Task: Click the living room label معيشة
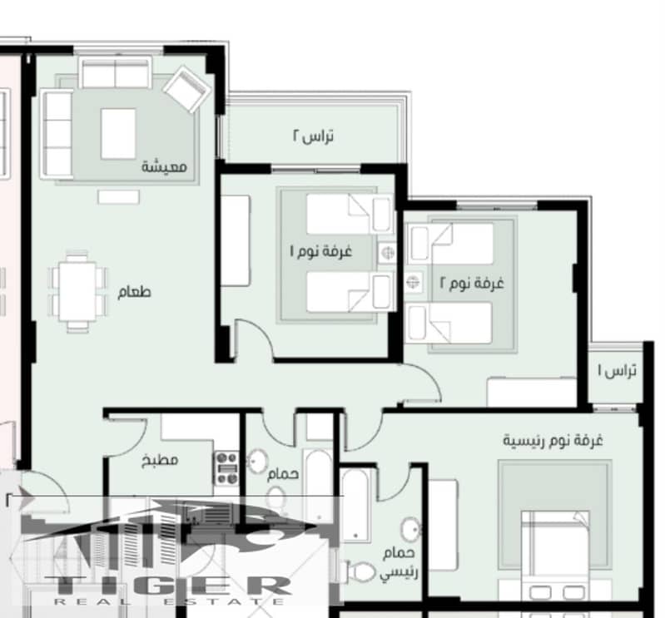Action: coord(164,166)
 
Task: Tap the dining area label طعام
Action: coord(134,292)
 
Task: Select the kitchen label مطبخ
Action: coord(160,460)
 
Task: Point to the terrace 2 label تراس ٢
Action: coord(313,136)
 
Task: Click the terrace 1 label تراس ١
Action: coord(617,370)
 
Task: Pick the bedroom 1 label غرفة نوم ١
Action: coord(321,251)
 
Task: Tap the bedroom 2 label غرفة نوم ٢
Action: coord(472,282)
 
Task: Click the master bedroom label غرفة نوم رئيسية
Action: coord(553,440)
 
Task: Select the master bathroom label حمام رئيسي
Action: coord(399,562)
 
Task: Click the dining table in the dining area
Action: coord(77,291)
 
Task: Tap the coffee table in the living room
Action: coord(118,134)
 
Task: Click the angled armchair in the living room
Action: coord(187,89)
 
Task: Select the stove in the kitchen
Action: coord(227,468)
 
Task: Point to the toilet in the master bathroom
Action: coord(361,572)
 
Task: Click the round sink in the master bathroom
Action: coord(410,529)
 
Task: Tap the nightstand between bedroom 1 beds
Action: coord(387,253)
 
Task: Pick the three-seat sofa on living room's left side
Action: coord(57,134)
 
